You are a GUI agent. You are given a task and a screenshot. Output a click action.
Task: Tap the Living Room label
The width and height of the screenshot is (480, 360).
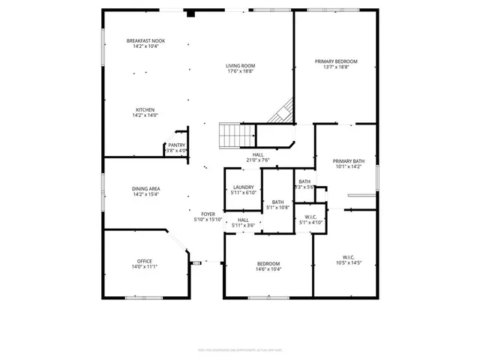(241, 66)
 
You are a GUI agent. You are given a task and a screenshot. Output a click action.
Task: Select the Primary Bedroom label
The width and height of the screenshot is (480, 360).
(335, 61)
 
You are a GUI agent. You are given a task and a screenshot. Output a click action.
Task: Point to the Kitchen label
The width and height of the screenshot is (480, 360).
(145, 109)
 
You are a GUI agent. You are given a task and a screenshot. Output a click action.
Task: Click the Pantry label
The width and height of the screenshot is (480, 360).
(176, 145)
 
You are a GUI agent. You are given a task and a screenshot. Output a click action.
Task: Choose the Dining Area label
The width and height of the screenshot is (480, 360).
(145, 189)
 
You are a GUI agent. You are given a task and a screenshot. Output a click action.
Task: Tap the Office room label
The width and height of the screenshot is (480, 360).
(144, 261)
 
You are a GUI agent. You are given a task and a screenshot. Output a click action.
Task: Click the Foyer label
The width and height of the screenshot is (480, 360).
(208, 214)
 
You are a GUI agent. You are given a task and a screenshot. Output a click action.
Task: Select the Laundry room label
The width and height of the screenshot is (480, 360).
(243, 187)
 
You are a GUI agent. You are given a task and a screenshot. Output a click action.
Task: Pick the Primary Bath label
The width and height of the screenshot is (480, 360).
(348, 161)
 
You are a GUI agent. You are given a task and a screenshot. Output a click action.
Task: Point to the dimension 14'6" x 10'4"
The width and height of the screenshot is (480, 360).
(268, 268)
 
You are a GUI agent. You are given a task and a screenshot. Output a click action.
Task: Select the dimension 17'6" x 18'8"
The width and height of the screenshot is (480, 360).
(241, 71)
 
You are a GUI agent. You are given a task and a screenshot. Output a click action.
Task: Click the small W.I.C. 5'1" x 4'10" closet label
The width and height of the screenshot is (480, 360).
(310, 220)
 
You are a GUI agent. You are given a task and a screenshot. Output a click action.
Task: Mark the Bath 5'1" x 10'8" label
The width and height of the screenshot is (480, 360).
(277, 204)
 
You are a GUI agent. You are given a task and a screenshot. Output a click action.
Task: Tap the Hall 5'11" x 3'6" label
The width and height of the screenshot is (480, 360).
(243, 223)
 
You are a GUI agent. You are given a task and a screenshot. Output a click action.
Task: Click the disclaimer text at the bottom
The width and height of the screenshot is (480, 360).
(239, 349)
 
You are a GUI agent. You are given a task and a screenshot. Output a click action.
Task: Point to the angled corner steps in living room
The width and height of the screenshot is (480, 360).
(282, 112)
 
